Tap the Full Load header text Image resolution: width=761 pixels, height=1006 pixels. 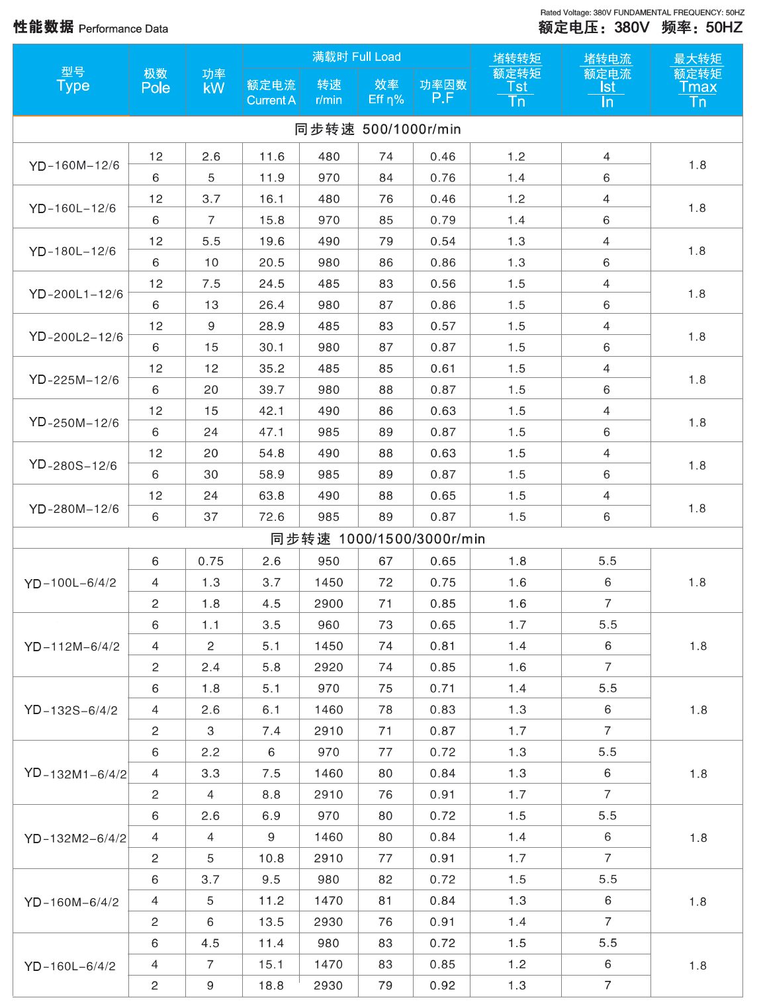(x=357, y=57)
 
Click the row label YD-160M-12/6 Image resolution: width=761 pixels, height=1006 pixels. (x=74, y=165)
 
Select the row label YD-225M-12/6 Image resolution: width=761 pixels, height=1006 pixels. (x=74, y=380)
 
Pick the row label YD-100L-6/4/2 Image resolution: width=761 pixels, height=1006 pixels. (x=70, y=583)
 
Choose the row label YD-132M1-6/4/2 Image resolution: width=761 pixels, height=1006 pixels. (x=75, y=774)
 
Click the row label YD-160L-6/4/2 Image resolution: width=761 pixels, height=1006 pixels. (x=70, y=966)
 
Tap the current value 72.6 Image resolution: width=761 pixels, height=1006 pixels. (x=271, y=517)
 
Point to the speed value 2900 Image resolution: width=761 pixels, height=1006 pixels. (x=328, y=604)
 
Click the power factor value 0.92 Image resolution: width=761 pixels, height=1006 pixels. (x=442, y=985)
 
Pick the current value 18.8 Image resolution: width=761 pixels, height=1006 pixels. (x=271, y=985)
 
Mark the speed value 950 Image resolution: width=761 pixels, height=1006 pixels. (x=328, y=561)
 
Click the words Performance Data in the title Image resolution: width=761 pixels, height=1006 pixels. (x=123, y=29)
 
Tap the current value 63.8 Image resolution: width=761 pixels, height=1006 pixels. (x=271, y=496)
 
